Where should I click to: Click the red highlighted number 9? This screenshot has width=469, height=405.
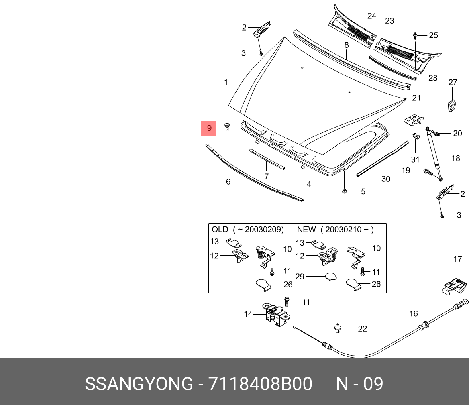(x=209, y=128)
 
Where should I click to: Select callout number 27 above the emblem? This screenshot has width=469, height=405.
(x=453, y=83)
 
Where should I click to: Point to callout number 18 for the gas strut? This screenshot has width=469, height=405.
(x=455, y=158)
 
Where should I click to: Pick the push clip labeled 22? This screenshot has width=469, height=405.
(x=338, y=329)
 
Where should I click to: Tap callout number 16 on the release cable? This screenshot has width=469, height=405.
(x=414, y=313)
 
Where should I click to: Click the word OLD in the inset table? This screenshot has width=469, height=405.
(x=220, y=230)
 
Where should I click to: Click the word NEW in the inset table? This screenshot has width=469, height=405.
(x=306, y=230)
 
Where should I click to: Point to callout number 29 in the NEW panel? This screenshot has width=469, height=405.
(x=300, y=276)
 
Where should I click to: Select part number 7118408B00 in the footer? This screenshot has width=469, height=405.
(x=260, y=384)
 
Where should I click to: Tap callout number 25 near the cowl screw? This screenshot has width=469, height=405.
(x=433, y=35)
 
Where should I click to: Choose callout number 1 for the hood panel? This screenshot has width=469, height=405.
(x=226, y=82)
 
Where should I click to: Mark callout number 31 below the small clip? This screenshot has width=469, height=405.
(x=415, y=159)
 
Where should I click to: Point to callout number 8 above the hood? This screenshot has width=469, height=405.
(x=346, y=45)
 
